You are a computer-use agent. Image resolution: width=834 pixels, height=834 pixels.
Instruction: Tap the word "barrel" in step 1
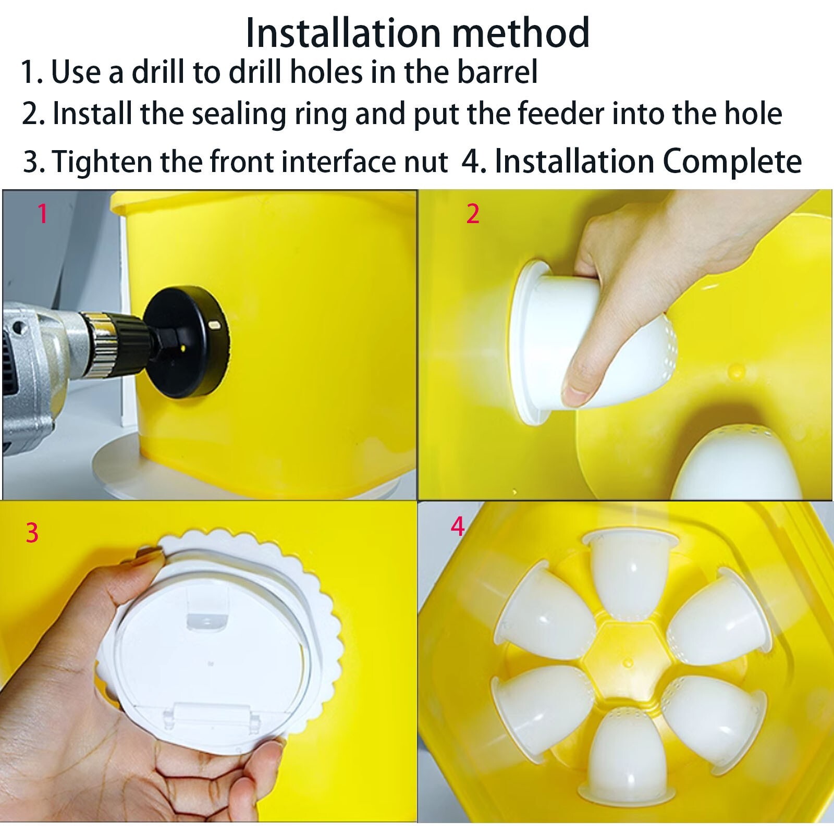[x=497, y=72]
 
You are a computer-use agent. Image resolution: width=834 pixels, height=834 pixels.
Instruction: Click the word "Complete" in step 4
[x=732, y=162]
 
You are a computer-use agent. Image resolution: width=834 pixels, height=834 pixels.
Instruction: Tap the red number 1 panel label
[x=43, y=214]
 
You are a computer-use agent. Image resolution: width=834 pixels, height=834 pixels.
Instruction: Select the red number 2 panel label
[x=472, y=214]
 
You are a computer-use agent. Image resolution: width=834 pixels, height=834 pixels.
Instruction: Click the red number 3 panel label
[x=32, y=533]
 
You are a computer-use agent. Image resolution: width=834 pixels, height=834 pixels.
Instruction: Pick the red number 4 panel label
[x=457, y=526]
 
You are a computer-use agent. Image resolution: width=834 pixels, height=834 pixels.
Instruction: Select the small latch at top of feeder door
[x=207, y=619]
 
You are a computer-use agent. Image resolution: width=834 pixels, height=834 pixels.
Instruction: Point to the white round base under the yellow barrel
[x=120, y=474]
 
